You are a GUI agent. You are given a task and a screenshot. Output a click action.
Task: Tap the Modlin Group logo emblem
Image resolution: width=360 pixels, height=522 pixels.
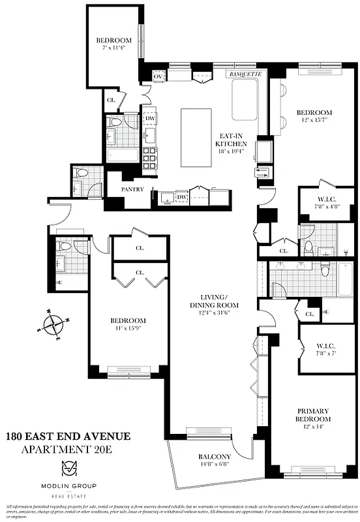(x=69, y=469)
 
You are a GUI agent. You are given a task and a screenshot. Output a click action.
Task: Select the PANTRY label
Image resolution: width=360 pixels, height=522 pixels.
(x=132, y=190)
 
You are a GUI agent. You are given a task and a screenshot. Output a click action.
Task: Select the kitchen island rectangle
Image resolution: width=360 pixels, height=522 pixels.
(x=198, y=138)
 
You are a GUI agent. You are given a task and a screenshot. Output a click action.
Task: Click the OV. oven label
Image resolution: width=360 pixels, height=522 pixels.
(x=158, y=77)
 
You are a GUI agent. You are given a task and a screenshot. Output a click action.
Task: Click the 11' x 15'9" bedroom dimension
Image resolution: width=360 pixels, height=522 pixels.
(x=128, y=328)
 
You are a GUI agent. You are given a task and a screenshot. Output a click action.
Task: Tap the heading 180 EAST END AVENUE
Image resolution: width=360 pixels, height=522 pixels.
(x=68, y=437)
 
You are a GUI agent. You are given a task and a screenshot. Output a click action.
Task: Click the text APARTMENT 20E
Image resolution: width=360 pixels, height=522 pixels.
(x=68, y=450)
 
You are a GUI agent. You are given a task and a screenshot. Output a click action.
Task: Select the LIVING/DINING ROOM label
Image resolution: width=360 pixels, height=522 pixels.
(x=214, y=301)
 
